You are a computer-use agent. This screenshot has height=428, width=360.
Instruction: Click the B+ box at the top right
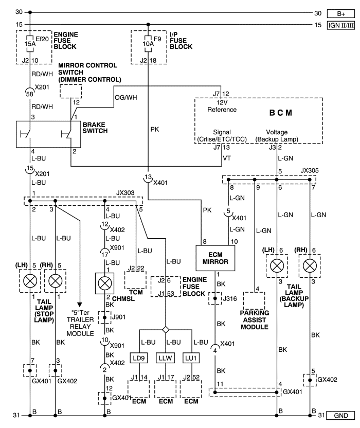341,14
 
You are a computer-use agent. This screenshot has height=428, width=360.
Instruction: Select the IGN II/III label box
341,25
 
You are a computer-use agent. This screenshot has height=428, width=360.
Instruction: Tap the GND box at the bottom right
341,416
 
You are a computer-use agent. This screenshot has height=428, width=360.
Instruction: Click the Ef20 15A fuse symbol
30,44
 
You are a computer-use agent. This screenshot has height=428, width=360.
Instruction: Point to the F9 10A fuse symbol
148,44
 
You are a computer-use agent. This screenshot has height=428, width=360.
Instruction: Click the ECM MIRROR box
215,258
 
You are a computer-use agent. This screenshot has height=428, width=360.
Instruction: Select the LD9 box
139,358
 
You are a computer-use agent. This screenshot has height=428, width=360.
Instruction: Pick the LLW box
165,358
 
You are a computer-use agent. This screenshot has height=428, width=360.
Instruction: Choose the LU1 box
191,358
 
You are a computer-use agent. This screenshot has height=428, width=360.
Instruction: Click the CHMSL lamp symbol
104,283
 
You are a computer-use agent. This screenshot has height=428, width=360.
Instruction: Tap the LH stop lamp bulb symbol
30,281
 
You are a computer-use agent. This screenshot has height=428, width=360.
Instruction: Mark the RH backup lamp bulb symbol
310,265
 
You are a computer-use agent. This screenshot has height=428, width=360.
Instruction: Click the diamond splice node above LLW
166,330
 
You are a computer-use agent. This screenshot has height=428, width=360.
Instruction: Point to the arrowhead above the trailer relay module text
80,305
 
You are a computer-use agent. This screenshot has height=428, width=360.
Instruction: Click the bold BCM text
281,113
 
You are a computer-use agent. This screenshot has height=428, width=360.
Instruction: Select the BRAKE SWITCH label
95,128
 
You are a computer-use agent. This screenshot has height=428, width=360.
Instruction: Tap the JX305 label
310,171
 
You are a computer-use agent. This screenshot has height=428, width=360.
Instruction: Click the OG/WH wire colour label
126,97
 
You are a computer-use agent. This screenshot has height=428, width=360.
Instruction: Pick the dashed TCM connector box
135,280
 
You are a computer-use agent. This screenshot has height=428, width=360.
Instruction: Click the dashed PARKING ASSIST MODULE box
254,301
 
